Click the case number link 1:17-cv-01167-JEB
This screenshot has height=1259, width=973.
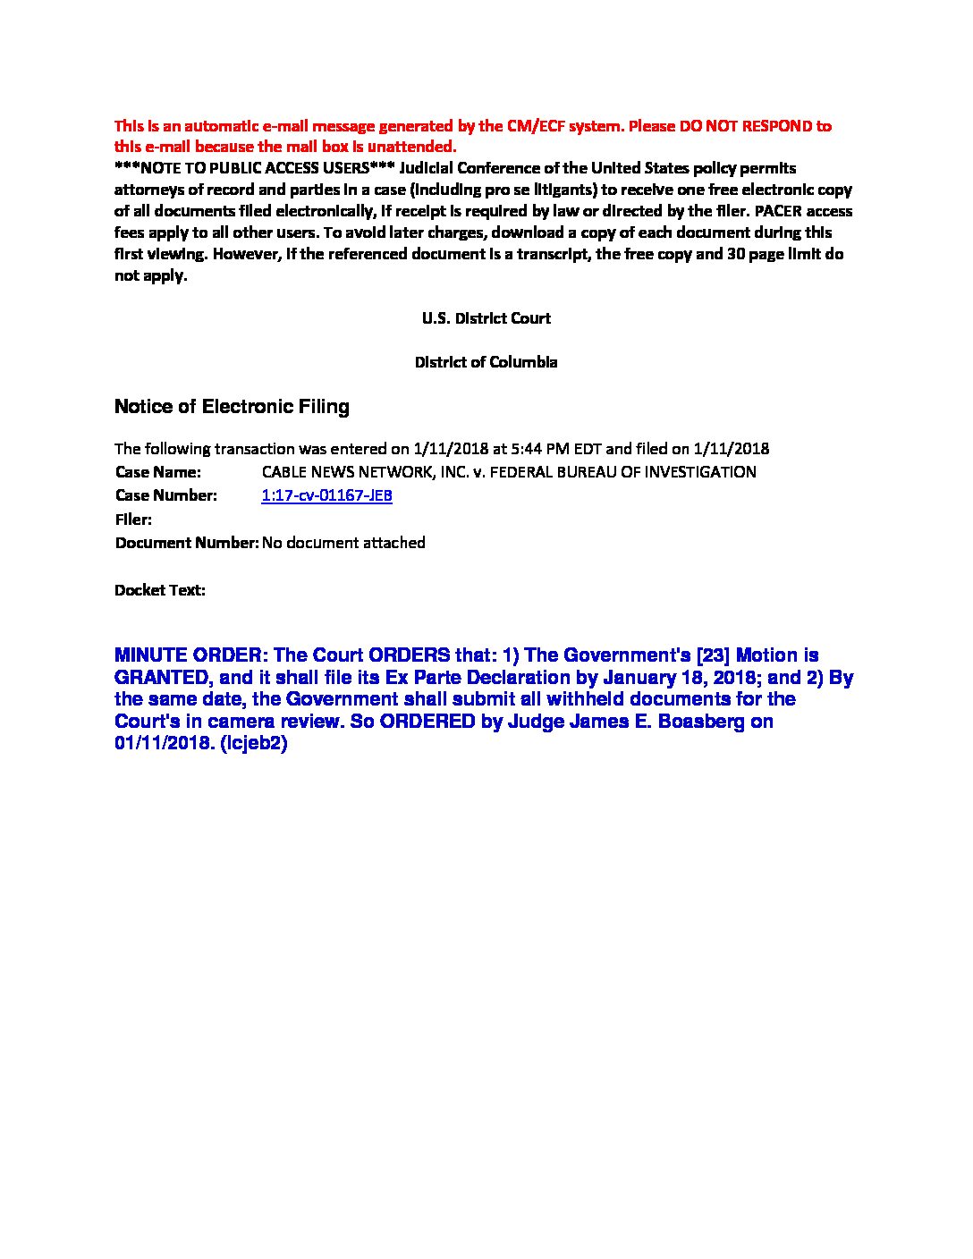tap(326, 495)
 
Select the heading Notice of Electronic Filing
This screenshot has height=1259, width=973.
tap(232, 407)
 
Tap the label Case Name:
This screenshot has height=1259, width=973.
tap(157, 471)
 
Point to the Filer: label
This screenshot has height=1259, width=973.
tap(133, 520)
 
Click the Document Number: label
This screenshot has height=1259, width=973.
tap(186, 543)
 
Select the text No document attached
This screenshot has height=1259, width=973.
tap(343, 543)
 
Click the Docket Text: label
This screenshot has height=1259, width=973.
tap(160, 590)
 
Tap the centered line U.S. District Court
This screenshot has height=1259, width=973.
tap(486, 318)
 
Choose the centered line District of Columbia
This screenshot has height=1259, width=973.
tap(486, 362)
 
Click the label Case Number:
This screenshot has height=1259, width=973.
tap(165, 495)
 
